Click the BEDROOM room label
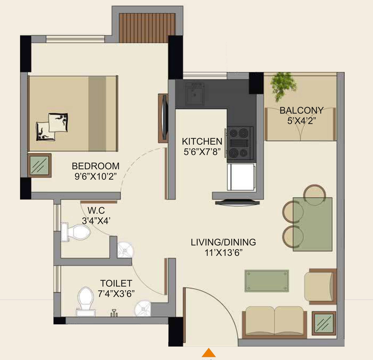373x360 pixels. pos(96,166)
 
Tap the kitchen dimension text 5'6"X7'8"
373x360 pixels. pos(202,152)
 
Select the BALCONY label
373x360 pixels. pos(301,110)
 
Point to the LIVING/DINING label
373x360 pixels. pos(223,242)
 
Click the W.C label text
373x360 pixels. pos(96,210)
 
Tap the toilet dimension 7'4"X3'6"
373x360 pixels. pos(116,294)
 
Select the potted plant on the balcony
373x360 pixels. pos(283,86)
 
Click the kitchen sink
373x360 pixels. pos(195,94)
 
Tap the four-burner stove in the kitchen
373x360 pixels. pos(240,143)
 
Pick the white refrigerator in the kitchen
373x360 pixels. pos(241,177)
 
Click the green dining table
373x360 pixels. pos(312,224)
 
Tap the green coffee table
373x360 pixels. pos(267,281)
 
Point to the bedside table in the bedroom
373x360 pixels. pos(39,165)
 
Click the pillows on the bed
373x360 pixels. pos(52,127)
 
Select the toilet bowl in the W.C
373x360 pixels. pos(76,232)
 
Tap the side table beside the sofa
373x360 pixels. pos(324,323)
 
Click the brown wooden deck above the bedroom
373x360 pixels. pos(147,28)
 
